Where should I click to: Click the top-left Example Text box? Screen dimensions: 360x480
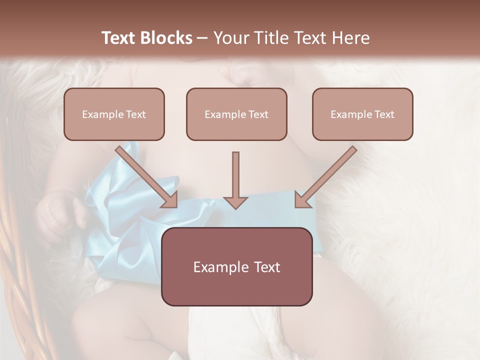coord(114,114)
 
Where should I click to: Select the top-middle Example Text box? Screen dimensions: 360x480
coord(236,114)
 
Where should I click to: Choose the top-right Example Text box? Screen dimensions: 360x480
coord(362,114)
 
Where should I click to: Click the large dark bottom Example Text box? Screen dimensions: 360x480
coord(236,266)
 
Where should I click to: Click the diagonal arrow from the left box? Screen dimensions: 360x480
coord(145,175)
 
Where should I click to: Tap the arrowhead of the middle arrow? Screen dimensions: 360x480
coord(235,201)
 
